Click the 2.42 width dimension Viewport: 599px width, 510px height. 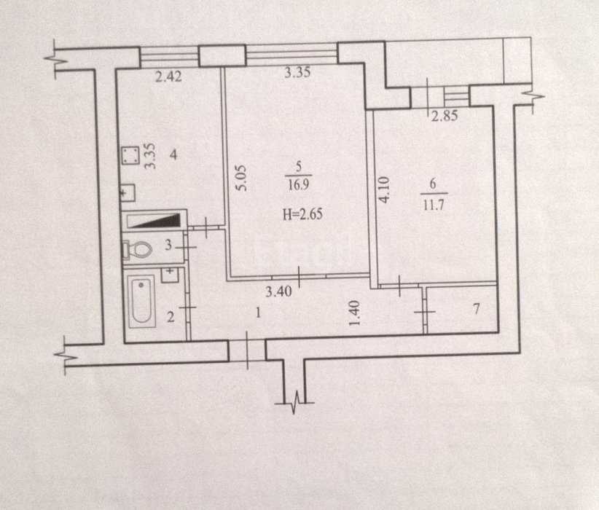tap(168, 76)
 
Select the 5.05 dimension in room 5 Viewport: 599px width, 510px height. tap(241, 178)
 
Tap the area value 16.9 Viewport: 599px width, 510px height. tap(299, 185)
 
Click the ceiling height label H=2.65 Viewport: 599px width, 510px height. tap(302, 214)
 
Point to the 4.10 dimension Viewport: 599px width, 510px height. tap(383, 189)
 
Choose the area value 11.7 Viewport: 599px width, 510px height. tap(433, 205)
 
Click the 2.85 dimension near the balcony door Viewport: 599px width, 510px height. tap(445, 116)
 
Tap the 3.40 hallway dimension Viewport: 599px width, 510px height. tap(278, 292)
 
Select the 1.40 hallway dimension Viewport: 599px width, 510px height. tap(355, 313)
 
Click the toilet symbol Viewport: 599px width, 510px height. tap(137, 250)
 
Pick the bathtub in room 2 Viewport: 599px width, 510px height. tap(141, 302)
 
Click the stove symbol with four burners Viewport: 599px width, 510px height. tap(130, 156)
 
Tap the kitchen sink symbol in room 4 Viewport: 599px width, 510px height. tap(128, 193)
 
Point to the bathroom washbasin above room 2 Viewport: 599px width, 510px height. tap(170, 275)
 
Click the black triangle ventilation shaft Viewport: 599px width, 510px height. tap(157, 221)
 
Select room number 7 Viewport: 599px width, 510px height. tap(476, 309)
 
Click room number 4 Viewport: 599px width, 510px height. tap(173, 154)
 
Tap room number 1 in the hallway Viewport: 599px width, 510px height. tap(259, 313)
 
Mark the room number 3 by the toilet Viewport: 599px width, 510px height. tap(168, 246)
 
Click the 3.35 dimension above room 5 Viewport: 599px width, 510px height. tap(297, 72)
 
